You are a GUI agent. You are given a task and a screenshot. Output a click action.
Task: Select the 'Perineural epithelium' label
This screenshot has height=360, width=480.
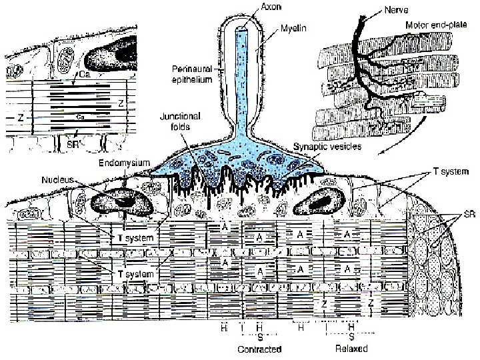point(192,73)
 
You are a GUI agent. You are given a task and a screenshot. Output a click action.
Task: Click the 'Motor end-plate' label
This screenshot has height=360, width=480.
point(437,25)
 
